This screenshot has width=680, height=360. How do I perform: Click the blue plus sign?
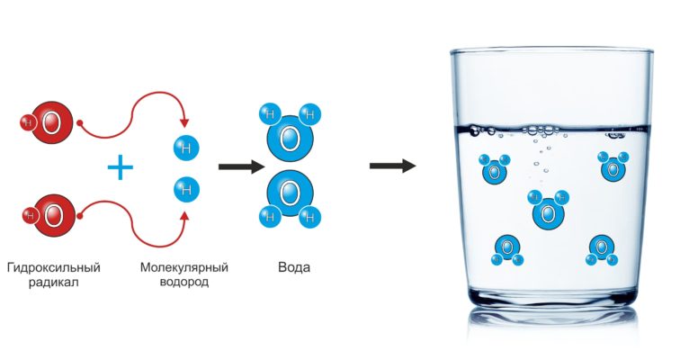pyautogui.click(x=121, y=167)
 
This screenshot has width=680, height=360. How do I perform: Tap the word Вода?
pyautogui.click(x=294, y=267)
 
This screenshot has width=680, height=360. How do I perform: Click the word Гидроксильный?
pyautogui.click(x=54, y=267)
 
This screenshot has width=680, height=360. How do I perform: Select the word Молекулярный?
pyautogui.click(x=184, y=267)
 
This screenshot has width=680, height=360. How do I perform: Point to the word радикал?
pyautogui.click(x=54, y=283)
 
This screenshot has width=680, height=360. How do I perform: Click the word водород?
pyautogui.click(x=184, y=283)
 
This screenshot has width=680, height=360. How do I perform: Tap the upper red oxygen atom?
pyautogui.click(x=51, y=122)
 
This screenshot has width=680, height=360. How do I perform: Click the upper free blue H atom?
pyautogui.click(x=186, y=148)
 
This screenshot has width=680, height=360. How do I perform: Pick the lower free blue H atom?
pyautogui.click(x=186, y=190)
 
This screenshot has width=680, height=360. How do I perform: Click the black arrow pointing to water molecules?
pyautogui.click(x=242, y=167)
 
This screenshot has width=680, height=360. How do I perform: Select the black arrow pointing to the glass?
pyautogui.click(x=392, y=166)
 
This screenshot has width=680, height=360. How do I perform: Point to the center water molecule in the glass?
pyautogui.click(x=549, y=210)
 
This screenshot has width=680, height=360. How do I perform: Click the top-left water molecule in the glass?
pyautogui.click(x=494, y=168)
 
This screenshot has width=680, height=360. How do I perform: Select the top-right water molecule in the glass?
pyautogui.click(x=613, y=166)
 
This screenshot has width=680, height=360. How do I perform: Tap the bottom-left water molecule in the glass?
pyautogui.click(x=507, y=250)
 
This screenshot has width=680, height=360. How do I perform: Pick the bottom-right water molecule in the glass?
pyautogui.click(x=601, y=250)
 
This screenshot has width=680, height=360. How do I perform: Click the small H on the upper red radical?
pyautogui.click(x=28, y=122)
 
